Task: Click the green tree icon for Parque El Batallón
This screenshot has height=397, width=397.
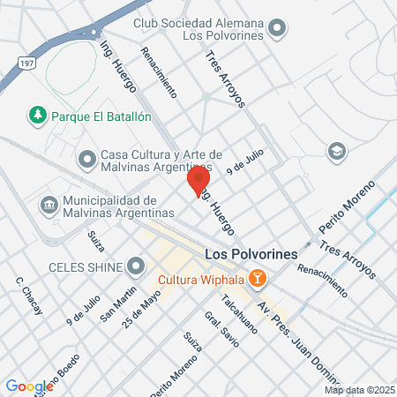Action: pos(37,115)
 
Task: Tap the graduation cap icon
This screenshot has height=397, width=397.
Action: pos(335,152)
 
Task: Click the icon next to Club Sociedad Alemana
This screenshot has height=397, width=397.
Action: pos(279,27)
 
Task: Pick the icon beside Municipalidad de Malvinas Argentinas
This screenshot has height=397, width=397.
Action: pos(48,206)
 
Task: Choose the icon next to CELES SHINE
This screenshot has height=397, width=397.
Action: pos(136,266)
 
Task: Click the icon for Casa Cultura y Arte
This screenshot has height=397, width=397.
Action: pos(86,160)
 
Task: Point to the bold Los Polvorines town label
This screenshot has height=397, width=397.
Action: pos(238,254)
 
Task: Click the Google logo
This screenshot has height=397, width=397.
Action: pos(29,386)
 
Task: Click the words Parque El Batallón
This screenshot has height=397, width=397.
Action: pos(101,116)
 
